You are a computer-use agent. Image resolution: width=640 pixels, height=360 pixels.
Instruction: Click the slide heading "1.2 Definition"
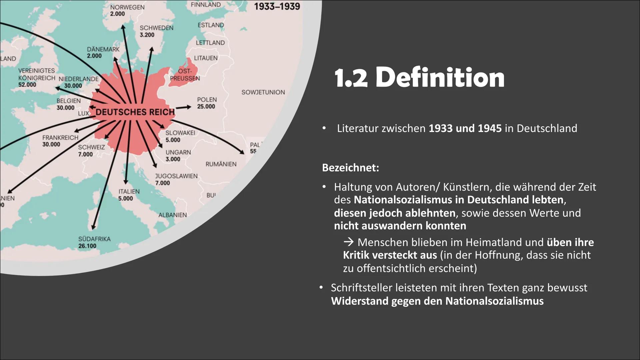(419, 78)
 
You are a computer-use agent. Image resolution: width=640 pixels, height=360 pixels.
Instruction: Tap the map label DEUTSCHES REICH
(135, 112)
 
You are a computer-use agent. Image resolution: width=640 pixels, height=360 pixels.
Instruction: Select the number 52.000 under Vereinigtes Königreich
(27, 85)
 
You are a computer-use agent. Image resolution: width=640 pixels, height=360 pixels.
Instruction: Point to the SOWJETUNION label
(263, 92)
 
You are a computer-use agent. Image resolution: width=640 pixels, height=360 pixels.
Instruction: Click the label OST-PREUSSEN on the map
(185, 75)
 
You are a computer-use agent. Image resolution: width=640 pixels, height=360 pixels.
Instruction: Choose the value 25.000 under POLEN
(206, 107)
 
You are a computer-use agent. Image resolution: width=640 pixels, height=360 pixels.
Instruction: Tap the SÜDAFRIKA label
(94, 239)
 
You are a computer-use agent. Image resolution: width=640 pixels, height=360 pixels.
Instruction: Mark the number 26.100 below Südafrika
(87, 246)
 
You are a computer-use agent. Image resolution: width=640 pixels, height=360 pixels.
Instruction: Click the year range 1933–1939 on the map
(277, 6)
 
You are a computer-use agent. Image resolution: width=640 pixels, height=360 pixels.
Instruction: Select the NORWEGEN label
(127, 7)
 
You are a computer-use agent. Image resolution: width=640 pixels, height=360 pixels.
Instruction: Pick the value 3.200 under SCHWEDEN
(147, 35)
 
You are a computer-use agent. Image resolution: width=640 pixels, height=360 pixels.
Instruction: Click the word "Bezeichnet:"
(350, 167)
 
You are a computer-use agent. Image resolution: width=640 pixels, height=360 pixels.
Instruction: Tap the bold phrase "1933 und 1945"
(465, 128)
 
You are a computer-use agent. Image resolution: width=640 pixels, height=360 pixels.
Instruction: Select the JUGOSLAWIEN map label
(176, 176)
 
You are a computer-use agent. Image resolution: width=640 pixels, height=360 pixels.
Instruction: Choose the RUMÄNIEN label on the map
(221, 164)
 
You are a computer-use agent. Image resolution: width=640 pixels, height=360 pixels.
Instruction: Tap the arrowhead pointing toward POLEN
(189, 107)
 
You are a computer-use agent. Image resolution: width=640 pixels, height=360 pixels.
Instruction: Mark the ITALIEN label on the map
(129, 192)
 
